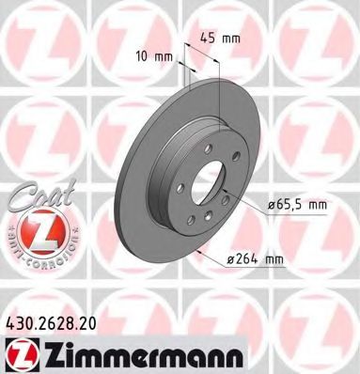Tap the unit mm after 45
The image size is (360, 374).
click(x=229, y=39)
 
